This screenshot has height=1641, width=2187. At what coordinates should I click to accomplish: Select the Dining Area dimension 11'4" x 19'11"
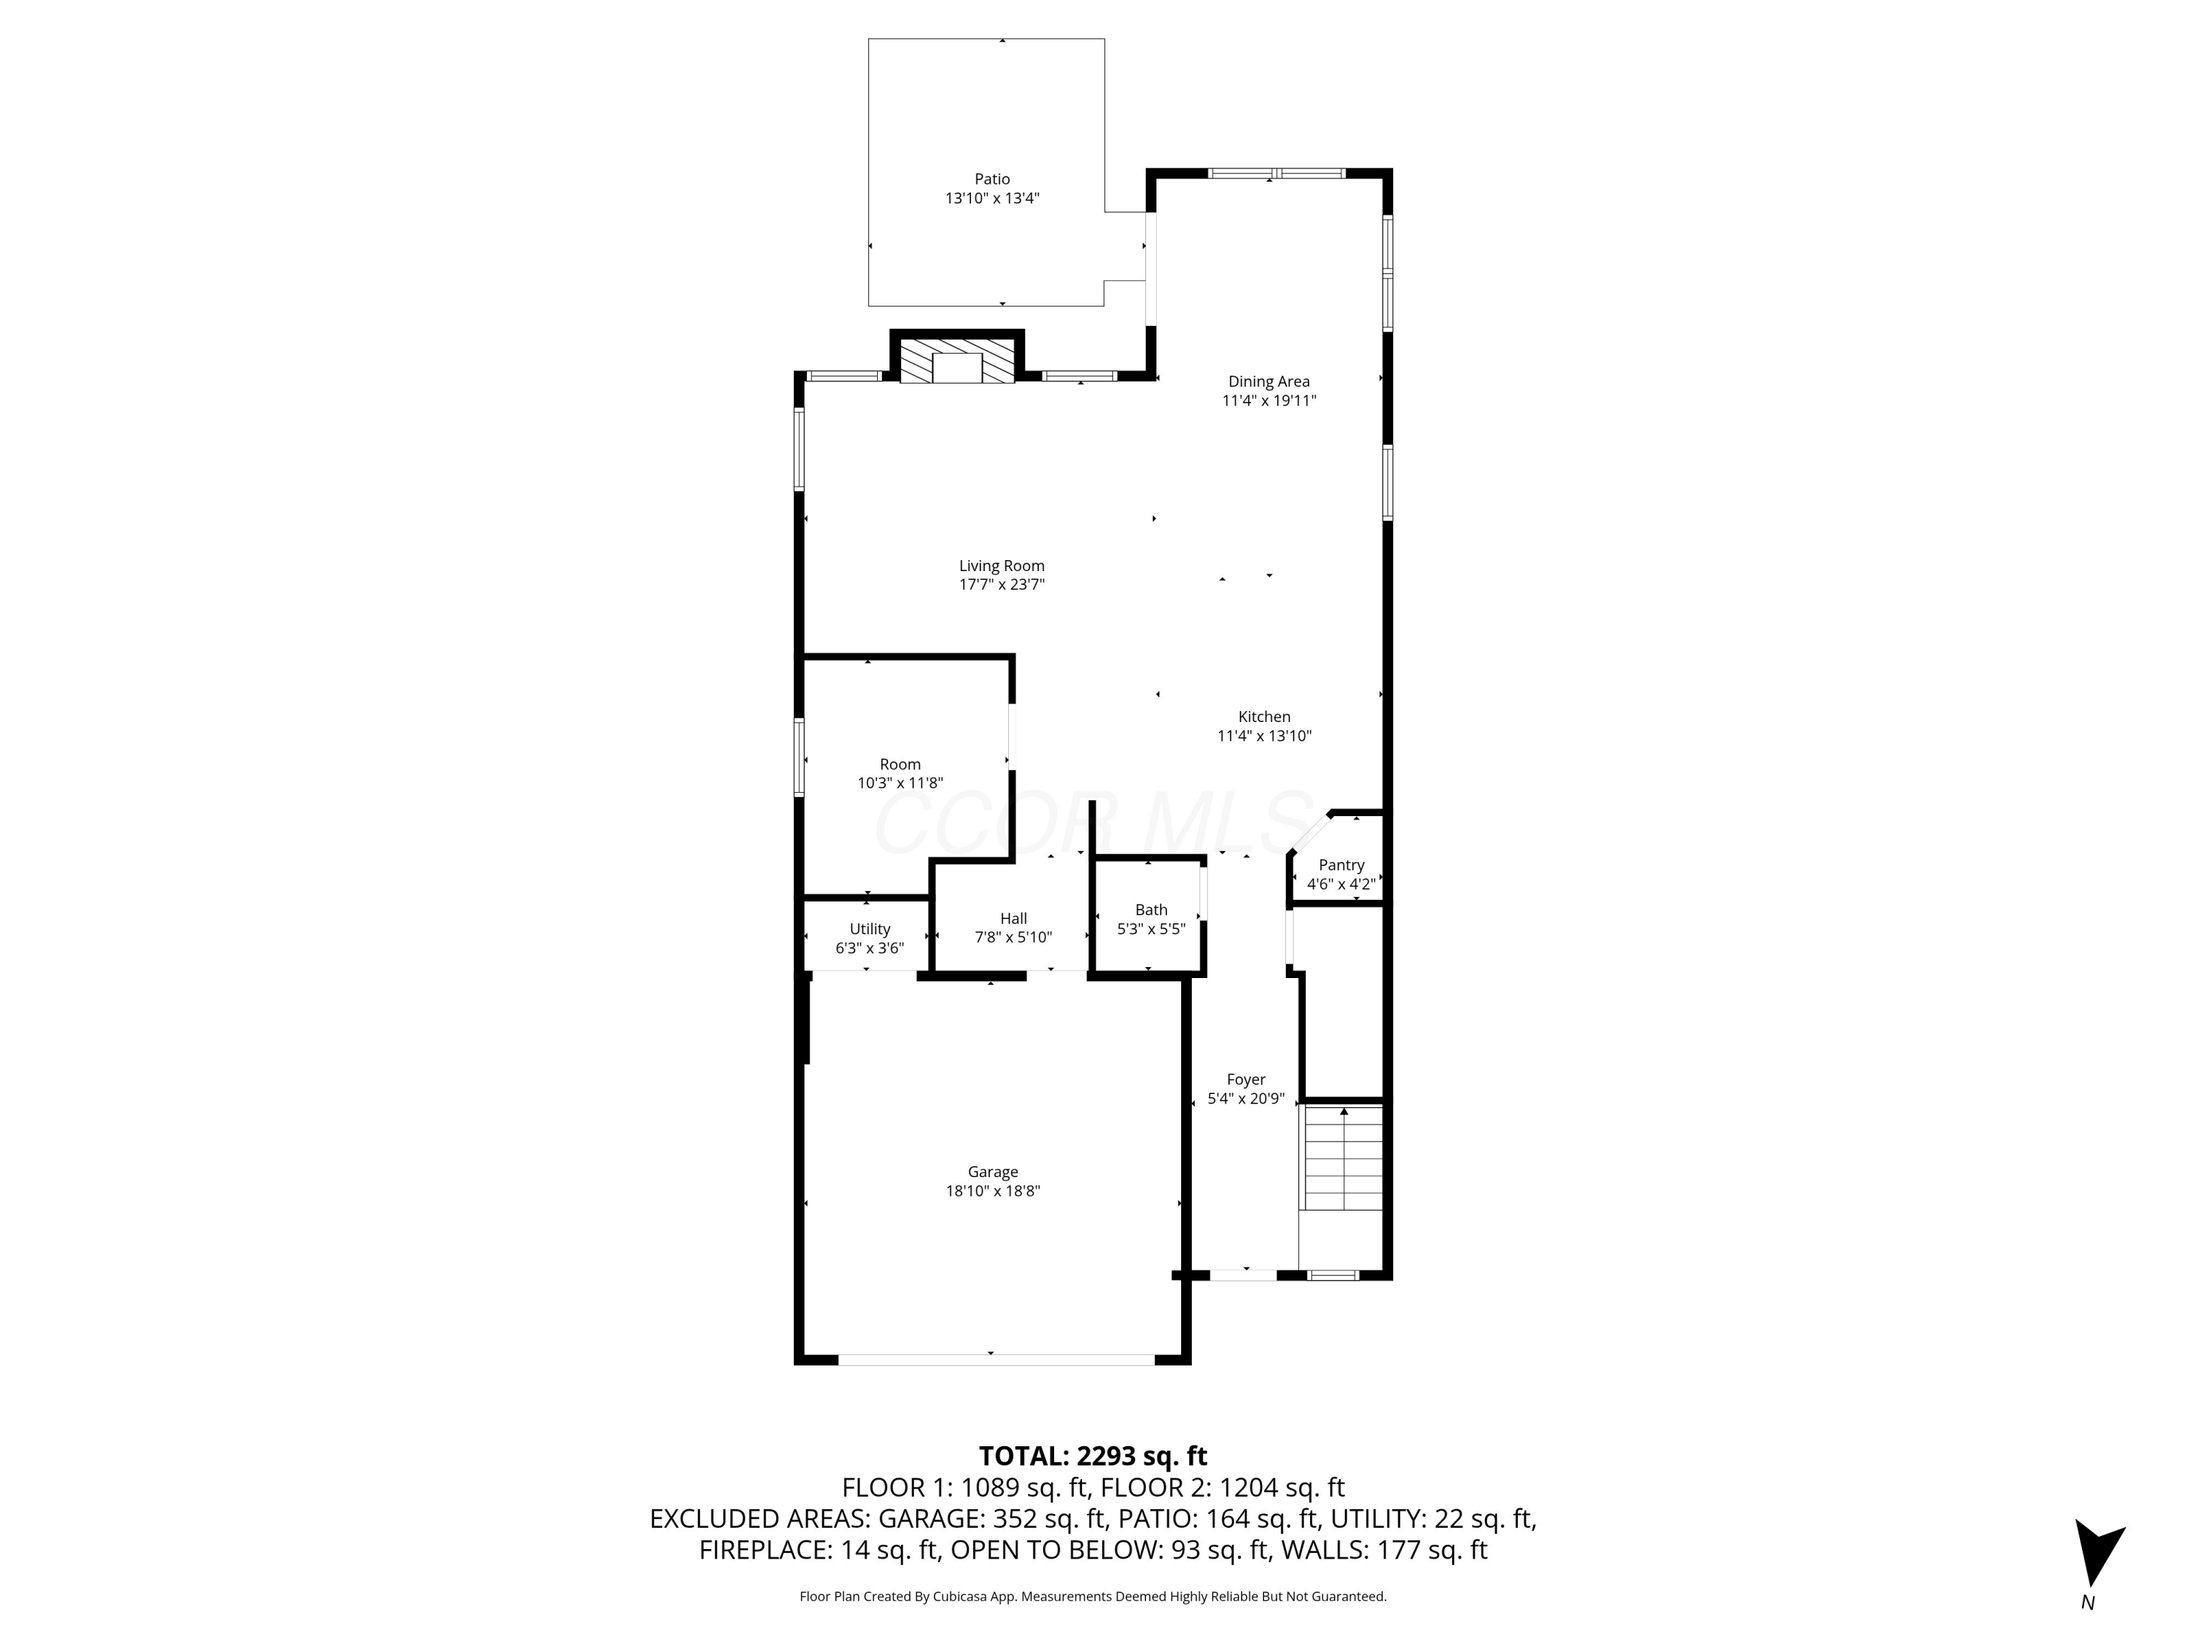tap(1268, 400)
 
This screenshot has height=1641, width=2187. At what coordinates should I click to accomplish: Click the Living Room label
tap(1002, 566)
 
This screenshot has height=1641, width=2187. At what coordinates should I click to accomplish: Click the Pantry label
tap(1341, 864)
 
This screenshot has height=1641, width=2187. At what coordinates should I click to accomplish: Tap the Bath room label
tap(1151, 909)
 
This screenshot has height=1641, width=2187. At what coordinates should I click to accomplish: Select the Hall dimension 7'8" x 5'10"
tap(1013, 936)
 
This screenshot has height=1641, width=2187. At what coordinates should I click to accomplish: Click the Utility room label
tap(869, 929)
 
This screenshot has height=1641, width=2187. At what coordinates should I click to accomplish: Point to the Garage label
tap(993, 1171)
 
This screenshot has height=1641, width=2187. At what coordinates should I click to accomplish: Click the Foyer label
tap(1246, 1079)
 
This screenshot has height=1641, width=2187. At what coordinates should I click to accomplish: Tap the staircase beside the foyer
tap(1343, 1158)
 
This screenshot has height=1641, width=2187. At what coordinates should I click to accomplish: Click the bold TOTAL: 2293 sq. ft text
tap(1093, 1456)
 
